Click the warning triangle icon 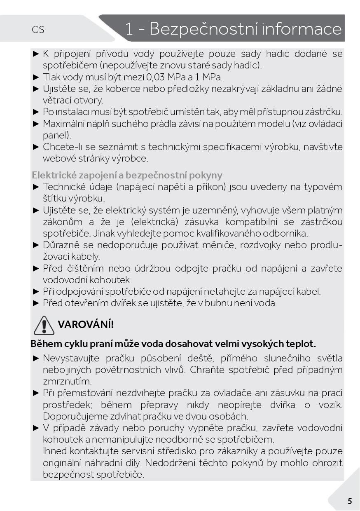(44, 325)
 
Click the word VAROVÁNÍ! (86, 324)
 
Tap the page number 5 (350, 501)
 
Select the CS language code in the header (38, 30)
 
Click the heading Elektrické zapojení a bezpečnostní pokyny (127, 175)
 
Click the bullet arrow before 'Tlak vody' (36, 77)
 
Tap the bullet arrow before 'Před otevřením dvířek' (36, 303)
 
